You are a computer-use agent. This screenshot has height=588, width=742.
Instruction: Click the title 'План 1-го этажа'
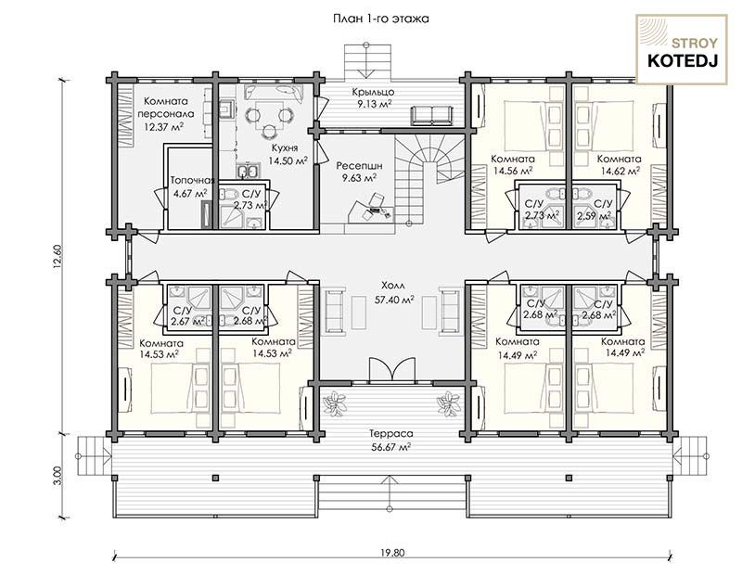point(381,19)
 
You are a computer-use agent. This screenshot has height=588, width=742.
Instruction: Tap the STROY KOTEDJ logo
point(682,50)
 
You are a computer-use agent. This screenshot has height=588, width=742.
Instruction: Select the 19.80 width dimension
point(392,553)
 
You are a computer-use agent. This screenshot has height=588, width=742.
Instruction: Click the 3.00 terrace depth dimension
point(57,476)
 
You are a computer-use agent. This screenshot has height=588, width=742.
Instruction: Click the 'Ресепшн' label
point(359,166)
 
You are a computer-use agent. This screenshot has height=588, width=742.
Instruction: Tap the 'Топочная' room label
point(192,180)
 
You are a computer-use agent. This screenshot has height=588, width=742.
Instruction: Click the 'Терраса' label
point(390,433)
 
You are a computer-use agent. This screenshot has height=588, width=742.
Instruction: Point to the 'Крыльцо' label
point(373,92)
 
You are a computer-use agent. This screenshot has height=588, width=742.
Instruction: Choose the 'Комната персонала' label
point(166,108)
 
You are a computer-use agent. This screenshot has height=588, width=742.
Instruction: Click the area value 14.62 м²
point(620,171)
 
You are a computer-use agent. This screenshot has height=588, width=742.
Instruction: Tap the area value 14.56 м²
point(513,171)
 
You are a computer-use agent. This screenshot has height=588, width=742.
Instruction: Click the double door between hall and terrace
point(391,368)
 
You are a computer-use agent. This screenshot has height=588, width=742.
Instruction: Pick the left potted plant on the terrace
point(334,404)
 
